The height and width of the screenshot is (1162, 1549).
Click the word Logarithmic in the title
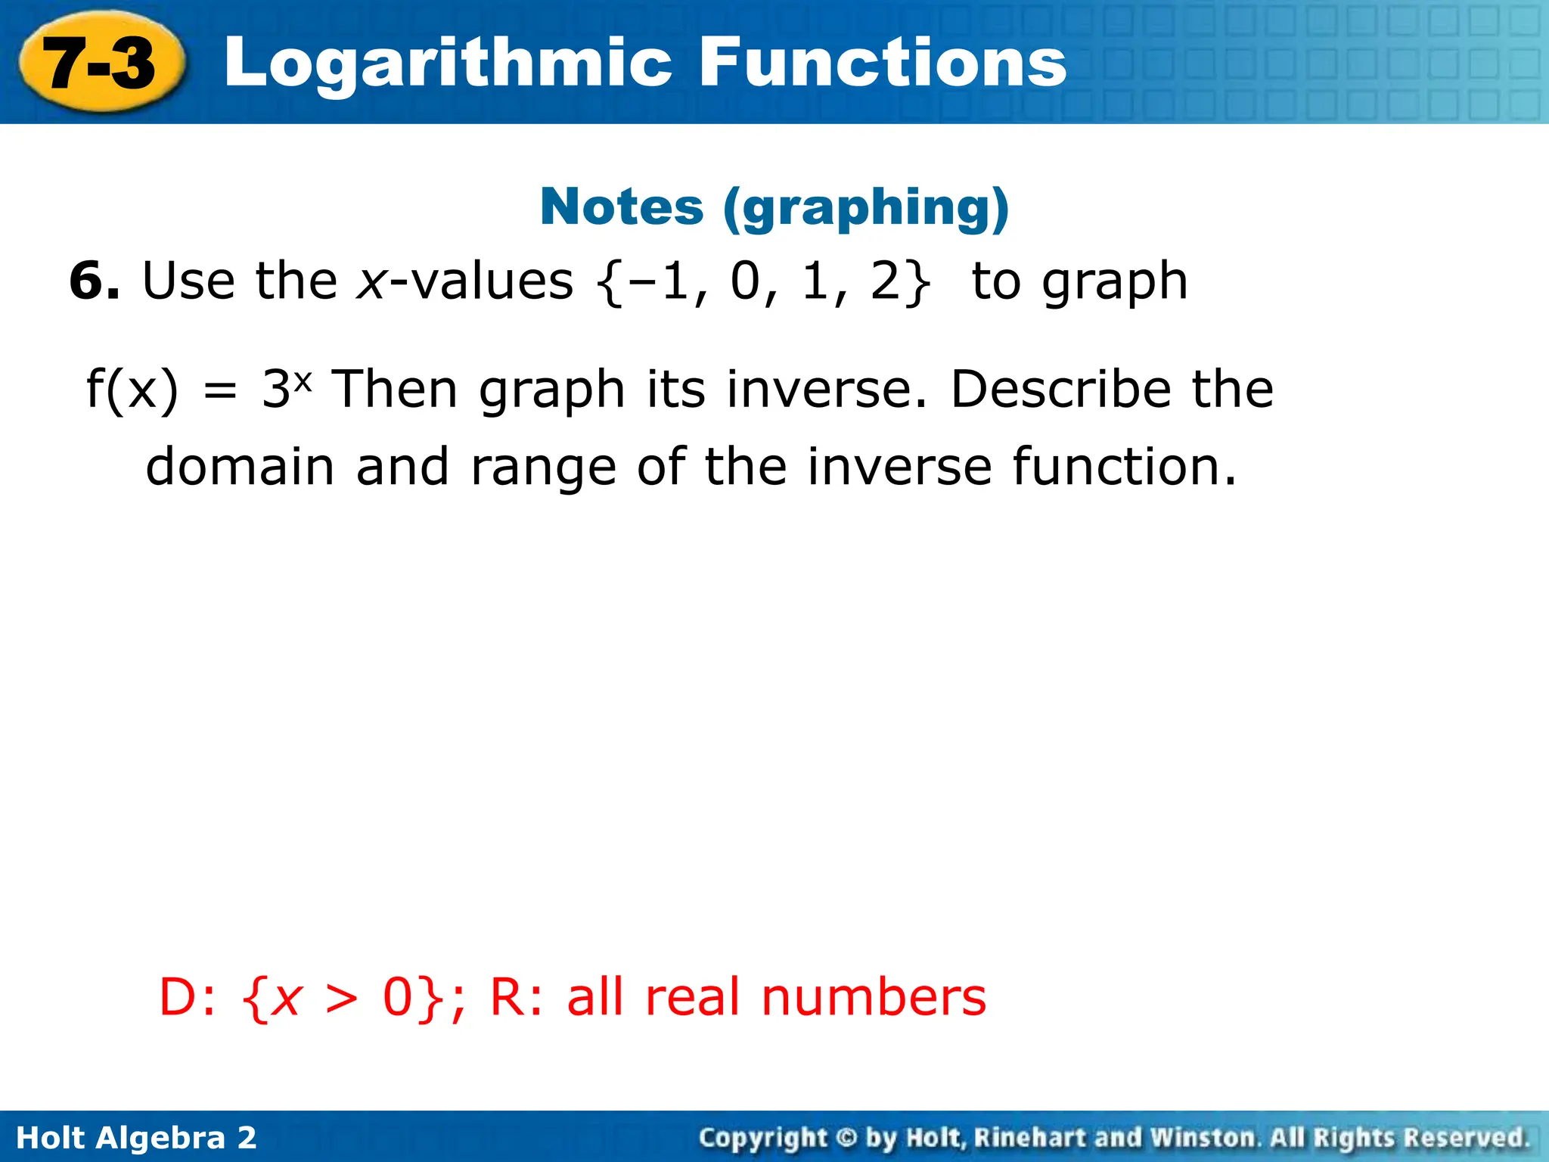(x=448, y=64)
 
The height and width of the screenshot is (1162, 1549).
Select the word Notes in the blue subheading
(x=622, y=207)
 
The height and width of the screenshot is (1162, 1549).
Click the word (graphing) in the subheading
(x=866, y=208)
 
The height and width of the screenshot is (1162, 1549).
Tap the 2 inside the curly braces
(x=886, y=281)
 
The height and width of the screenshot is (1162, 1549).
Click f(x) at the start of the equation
(x=132, y=390)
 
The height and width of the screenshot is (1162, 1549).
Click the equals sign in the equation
(x=220, y=391)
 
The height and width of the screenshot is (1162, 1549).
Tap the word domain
(x=240, y=467)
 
